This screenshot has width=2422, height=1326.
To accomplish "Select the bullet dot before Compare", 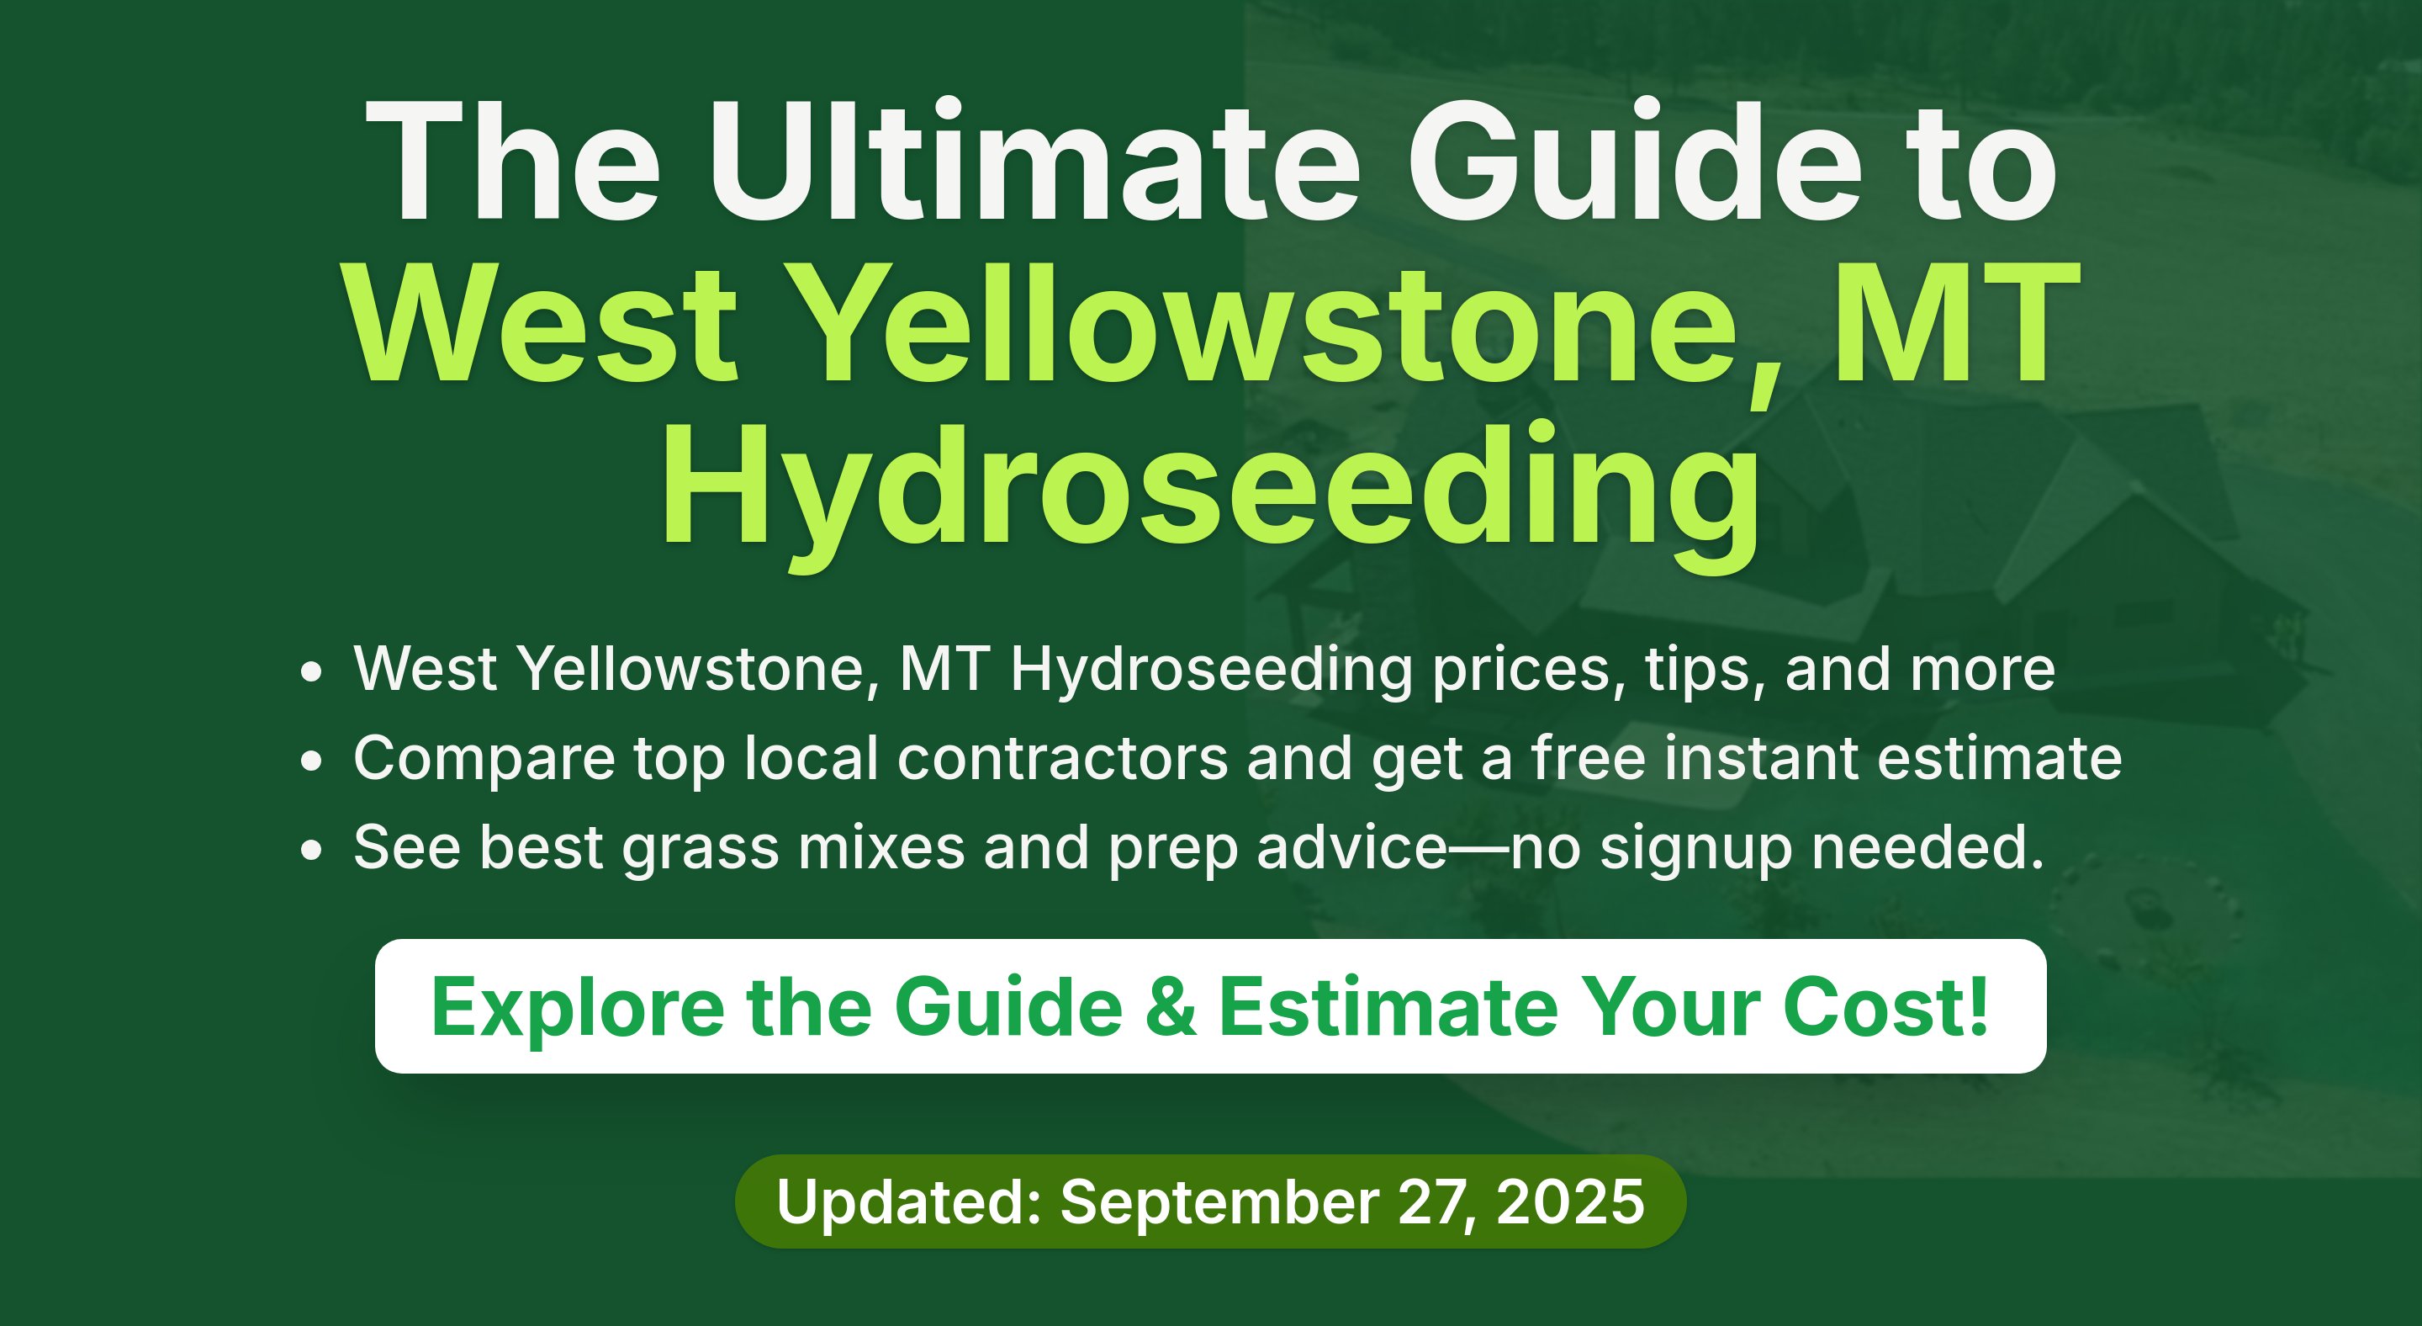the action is pos(311,761).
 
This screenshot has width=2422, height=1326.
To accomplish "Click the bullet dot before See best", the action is pos(311,850).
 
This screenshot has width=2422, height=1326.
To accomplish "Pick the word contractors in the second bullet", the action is pos(1062,758).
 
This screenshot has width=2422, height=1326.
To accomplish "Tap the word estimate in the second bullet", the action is pos(2000,758).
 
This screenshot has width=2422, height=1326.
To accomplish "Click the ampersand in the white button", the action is pos(1171,1007).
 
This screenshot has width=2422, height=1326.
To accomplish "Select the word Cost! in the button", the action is pos(1886,1006).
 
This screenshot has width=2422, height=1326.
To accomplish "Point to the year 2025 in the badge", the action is pos(1570,1201).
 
